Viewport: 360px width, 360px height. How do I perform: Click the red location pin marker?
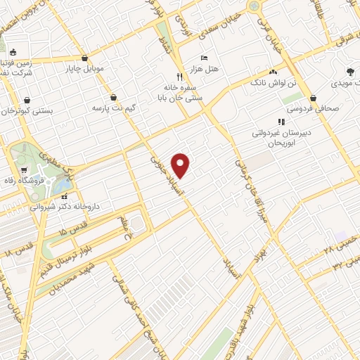pyautogui.click(x=181, y=165)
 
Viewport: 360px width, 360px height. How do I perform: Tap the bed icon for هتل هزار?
pyautogui.click(x=204, y=58)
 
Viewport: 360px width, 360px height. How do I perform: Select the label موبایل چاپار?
pyautogui.click(x=85, y=70)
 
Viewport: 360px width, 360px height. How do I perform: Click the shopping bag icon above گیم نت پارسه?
pyautogui.click(x=115, y=97)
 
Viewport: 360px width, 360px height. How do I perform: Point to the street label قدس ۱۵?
pyautogui.click(x=72, y=231)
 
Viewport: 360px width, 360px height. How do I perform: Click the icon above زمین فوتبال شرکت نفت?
pyautogui.click(x=13, y=51)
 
